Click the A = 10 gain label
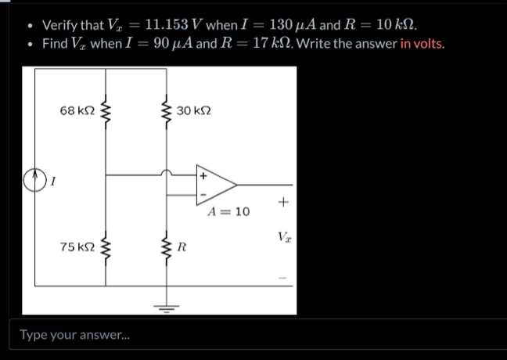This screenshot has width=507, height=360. click(x=229, y=212)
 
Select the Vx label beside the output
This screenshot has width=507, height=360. click(x=285, y=236)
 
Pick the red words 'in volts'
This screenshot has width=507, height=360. click(x=422, y=43)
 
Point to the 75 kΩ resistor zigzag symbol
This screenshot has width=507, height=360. click(x=106, y=249)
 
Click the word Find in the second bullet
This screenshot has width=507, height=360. click(x=54, y=43)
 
